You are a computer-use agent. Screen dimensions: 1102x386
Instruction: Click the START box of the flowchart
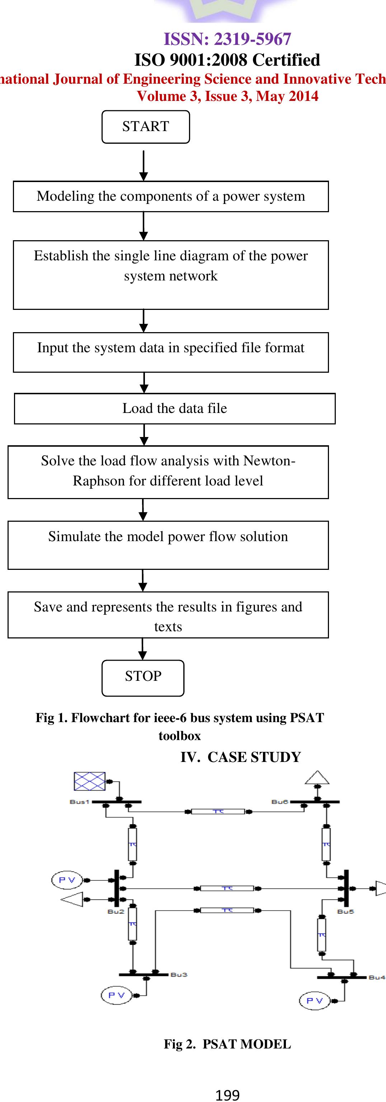[x=145, y=127]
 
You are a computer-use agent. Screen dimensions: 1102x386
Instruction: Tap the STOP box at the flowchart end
[x=143, y=678]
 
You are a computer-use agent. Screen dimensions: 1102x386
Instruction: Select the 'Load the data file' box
[x=174, y=409]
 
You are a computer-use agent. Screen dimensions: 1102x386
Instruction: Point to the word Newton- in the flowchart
[x=269, y=461]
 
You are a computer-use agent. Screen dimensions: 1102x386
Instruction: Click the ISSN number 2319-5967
[x=252, y=39]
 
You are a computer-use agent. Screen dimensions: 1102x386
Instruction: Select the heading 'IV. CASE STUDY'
[x=241, y=757]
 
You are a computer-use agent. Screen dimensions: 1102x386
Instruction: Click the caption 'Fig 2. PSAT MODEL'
[x=227, y=1044]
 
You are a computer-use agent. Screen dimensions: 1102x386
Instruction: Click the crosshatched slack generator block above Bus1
[x=89, y=781]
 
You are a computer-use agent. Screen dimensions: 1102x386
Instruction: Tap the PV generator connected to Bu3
[x=116, y=995]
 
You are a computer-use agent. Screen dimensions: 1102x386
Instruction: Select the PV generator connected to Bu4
[x=315, y=1000]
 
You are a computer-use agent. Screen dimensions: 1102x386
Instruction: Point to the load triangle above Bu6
[x=317, y=778]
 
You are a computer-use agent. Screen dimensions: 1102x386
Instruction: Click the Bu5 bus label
[x=345, y=911]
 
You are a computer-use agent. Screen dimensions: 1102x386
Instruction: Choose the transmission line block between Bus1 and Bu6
[x=218, y=812]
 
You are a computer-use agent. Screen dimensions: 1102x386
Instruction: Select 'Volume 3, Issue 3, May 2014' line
[x=227, y=96]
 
